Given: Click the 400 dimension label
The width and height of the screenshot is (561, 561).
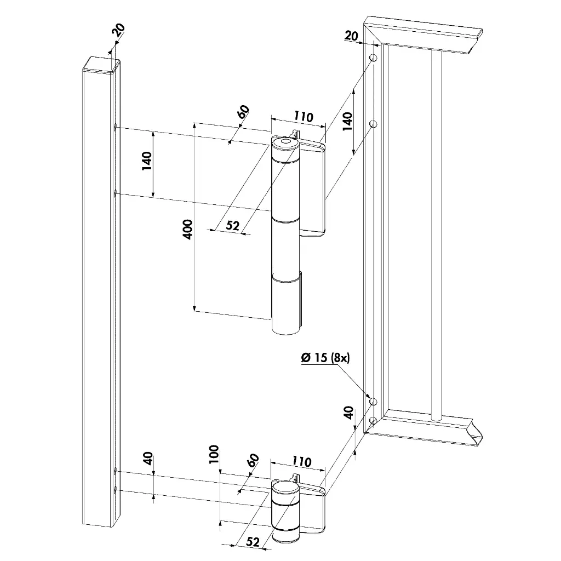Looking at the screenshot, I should pos(188,229).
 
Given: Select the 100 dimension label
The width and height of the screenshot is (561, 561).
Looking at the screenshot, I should pos(214,454).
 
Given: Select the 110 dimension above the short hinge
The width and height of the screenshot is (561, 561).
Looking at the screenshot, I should pos(299,462).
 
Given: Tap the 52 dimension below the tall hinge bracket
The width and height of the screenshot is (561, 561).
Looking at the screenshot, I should pos(233,226).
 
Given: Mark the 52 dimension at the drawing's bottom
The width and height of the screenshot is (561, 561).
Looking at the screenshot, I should pos(253,541).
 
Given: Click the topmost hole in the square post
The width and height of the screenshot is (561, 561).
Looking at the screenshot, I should pos(116,128).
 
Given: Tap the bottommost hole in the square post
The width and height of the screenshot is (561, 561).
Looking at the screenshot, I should pos(115,489).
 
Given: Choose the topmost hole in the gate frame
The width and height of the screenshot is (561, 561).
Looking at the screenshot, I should pos(373,58).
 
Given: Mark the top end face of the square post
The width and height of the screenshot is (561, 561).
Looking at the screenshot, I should pos(101,64).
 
